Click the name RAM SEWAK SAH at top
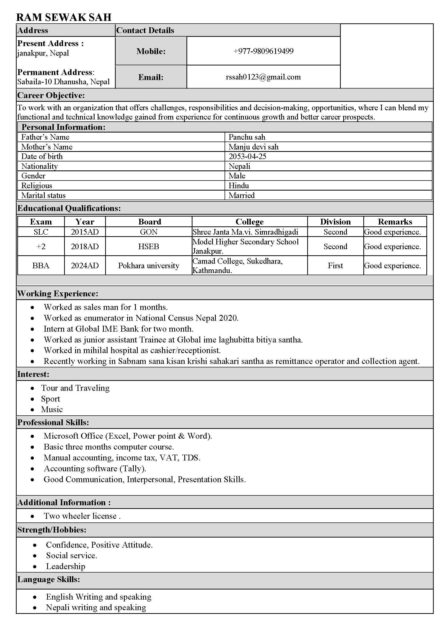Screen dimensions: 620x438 64,17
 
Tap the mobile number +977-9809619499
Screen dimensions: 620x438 263,51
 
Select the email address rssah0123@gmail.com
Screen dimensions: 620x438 263,77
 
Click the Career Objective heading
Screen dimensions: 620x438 51,95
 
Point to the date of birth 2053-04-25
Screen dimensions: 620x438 247,156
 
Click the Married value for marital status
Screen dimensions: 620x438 242,195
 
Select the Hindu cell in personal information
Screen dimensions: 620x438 239,186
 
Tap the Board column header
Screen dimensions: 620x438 150,222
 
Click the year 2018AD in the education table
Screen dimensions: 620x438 85,246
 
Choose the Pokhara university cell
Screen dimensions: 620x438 149,265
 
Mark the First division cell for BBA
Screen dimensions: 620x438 335,265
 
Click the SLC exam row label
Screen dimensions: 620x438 41,232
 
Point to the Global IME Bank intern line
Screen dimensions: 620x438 119,329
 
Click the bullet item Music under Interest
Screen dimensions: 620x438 52,409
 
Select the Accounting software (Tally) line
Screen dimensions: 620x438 95,468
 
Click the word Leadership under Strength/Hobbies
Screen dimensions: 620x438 65,566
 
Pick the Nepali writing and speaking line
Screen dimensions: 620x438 96,607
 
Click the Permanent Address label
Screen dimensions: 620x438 55,72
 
